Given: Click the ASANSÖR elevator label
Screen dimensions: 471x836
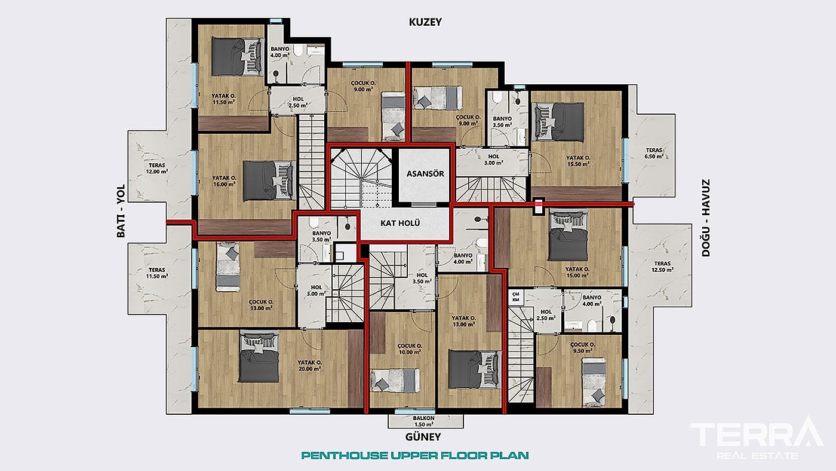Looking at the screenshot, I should (425, 174).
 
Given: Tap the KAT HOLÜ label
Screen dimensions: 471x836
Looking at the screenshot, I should (401, 223).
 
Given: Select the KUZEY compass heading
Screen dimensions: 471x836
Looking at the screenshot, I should (425, 22).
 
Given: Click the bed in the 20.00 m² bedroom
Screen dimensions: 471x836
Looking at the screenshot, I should (260, 357).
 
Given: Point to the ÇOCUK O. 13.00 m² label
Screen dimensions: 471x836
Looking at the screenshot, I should (261, 305).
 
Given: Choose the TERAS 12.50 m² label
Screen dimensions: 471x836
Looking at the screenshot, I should (662, 267).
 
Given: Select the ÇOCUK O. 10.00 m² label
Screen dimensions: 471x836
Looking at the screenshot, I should (410, 349).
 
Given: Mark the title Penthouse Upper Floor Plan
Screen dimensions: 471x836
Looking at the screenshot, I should (415, 455).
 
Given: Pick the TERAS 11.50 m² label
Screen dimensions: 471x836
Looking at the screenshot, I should (158, 273).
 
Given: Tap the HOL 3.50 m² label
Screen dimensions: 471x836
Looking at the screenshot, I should (422, 277).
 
